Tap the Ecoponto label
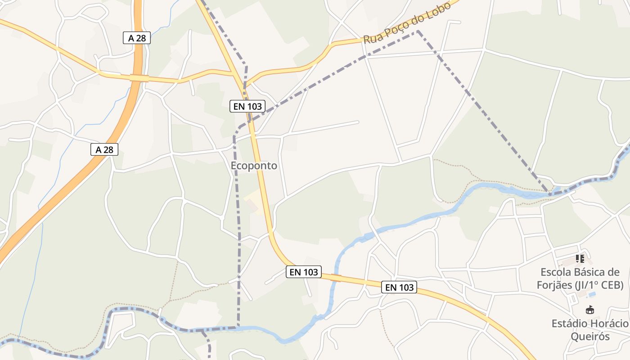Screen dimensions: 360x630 [254, 166]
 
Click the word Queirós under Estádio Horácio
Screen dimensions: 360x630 [590, 337]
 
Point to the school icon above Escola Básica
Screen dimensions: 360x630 [580, 259]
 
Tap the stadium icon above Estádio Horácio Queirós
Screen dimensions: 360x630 [589, 310]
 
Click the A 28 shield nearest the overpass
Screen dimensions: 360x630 [137, 38]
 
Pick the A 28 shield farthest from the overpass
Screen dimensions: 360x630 [104, 149]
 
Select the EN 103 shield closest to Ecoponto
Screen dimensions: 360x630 [247, 107]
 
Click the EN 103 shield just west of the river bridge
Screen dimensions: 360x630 [304, 272]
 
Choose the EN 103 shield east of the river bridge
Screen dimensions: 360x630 [399, 287]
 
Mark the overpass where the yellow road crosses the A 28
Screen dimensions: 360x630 [139, 78]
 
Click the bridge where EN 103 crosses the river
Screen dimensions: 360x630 [336, 278]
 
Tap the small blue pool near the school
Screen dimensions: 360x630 [592, 294]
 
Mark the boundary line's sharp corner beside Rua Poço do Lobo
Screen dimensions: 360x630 [418, 31]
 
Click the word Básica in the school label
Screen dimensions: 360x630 [592, 272]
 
